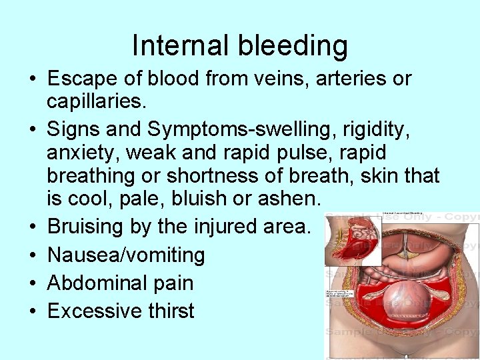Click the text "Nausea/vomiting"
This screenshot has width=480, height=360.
tap(126, 255)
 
